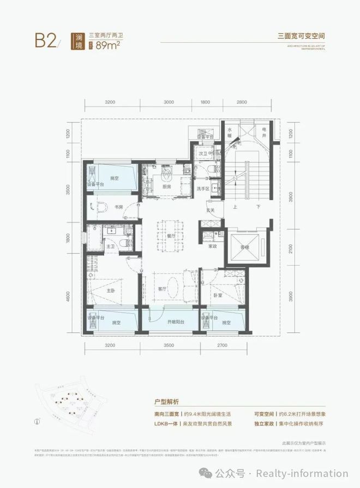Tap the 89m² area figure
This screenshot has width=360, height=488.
coord(109,45)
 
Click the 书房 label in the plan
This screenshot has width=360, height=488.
coord(119,207)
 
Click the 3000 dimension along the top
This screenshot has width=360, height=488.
coord(168,102)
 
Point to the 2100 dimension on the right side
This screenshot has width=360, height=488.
coord(290,249)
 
